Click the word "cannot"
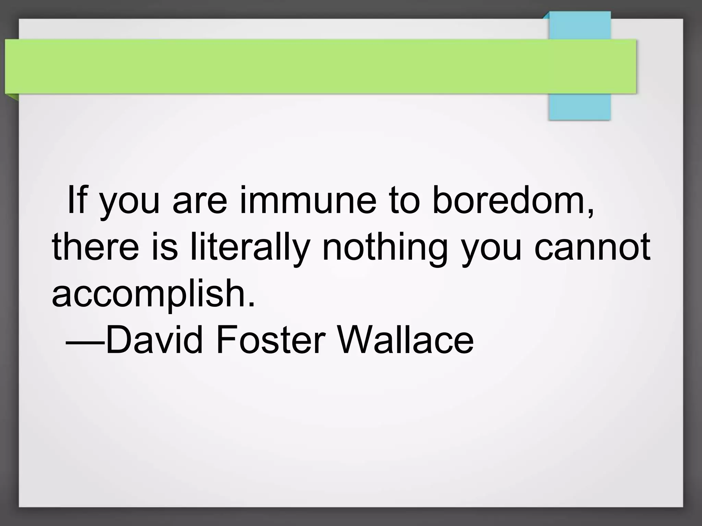[x=592, y=247]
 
